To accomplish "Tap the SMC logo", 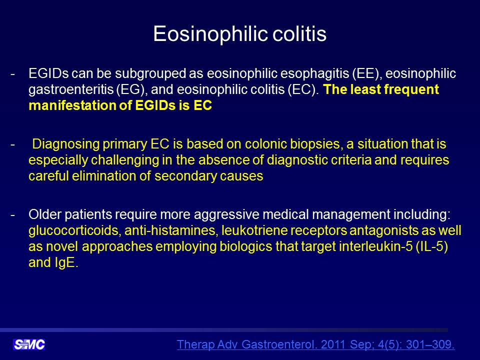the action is [x=29, y=344].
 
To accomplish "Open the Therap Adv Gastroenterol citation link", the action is [x=315, y=344].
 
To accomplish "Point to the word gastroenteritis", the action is [x=72, y=89].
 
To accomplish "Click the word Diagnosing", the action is [x=66, y=144].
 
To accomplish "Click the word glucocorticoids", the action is [x=73, y=230].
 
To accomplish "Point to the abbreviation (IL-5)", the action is [x=431, y=246].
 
